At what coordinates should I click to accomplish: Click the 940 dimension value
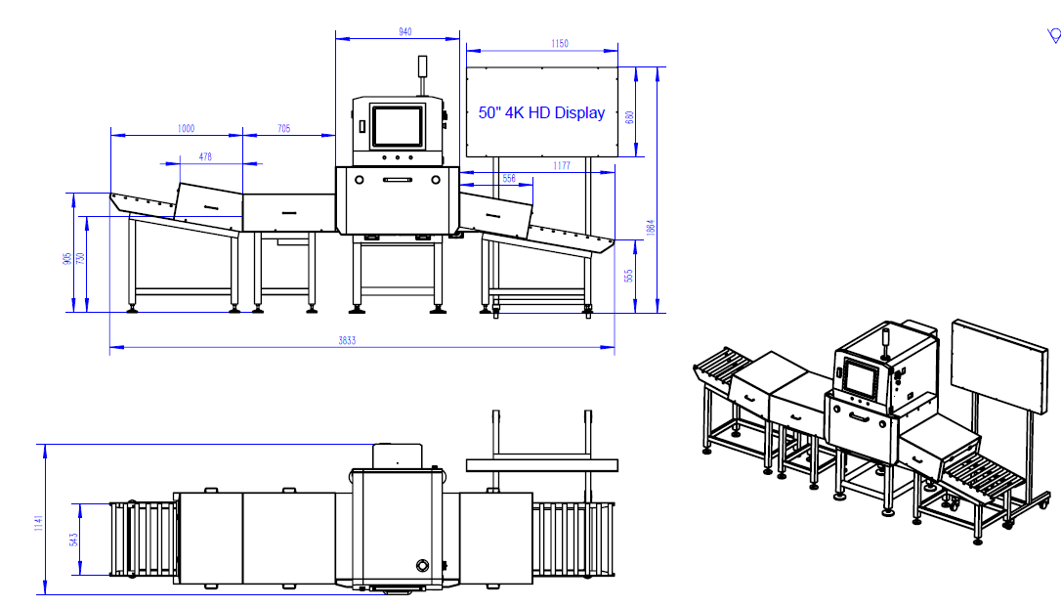(x=404, y=32)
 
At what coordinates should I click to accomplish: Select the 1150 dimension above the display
(x=560, y=43)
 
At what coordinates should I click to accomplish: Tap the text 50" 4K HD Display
(x=541, y=113)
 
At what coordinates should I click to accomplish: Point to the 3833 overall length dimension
(x=347, y=340)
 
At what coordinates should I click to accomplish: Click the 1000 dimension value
(x=186, y=129)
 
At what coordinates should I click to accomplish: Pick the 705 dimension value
(x=283, y=129)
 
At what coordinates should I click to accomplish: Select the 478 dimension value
(x=205, y=156)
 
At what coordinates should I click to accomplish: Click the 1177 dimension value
(x=562, y=166)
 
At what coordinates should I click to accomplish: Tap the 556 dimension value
(x=509, y=179)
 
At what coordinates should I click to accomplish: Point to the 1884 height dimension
(x=651, y=227)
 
